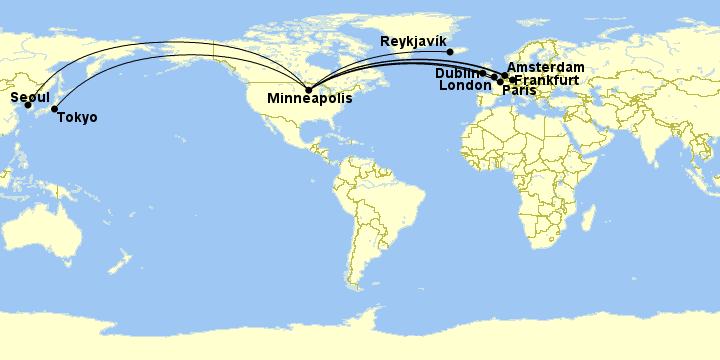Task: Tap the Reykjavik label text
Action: click(413, 41)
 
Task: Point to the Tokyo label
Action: click(78, 118)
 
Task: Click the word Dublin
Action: click(457, 73)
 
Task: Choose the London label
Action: click(465, 86)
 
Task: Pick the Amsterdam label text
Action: click(545, 67)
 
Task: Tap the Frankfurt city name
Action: click(546, 79)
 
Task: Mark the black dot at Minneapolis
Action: click(308, 89)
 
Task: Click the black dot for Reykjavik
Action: click(449, 52)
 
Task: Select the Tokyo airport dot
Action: click(54, 108)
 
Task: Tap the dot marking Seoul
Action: click(28, 105)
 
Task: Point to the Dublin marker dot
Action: click(482, 73)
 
